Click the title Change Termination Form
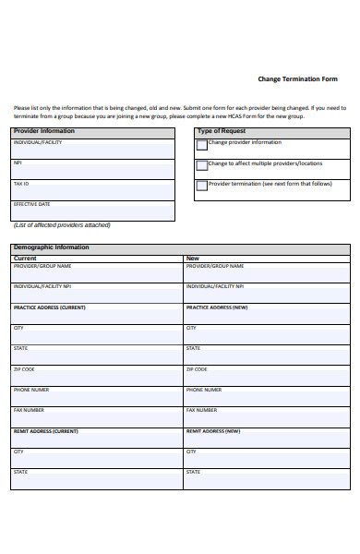click(297, 78)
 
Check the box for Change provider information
click(201, 144)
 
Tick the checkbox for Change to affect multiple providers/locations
click(201, 165)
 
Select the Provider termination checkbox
click(201, 186)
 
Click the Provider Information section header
click(44, 131)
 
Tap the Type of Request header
click(222, 131)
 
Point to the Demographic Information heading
click(52, 247)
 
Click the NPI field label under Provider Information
click(18, 163)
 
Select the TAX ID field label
click(21, 184)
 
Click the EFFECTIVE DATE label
click(31, 204)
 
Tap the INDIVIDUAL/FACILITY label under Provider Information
click(38, 142)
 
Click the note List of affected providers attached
click(62, 225)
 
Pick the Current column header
click(25, 259)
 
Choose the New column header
click(192, 259)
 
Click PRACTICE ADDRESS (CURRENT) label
click(49, 307)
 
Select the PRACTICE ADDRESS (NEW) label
click(217, 307)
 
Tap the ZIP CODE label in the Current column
click(24, 369)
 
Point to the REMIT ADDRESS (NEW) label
click(213, 431)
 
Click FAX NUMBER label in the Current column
click(29, 410)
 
